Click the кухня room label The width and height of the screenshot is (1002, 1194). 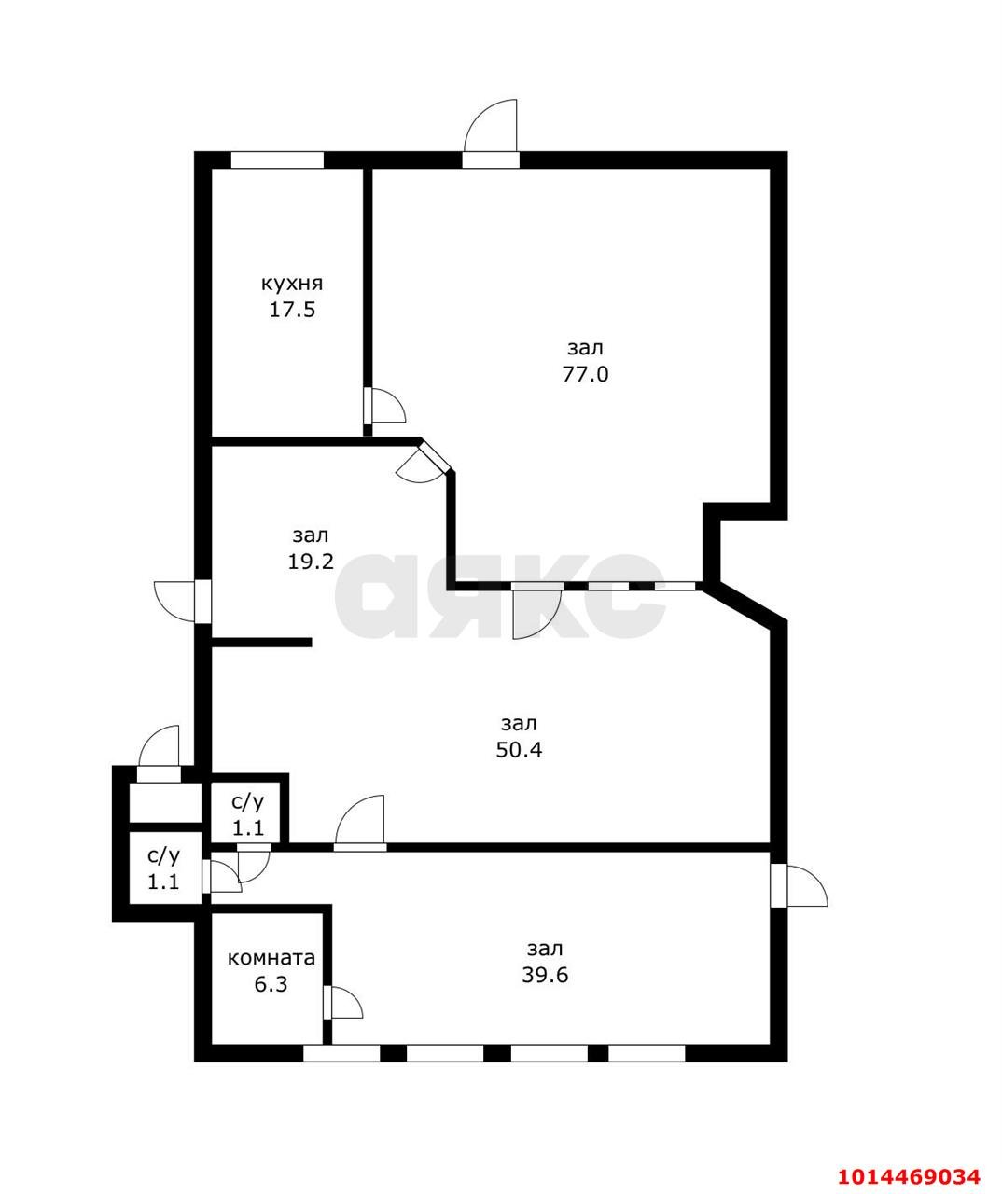292,284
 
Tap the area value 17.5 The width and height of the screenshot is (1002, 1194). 292,310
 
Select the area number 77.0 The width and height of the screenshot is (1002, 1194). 585,375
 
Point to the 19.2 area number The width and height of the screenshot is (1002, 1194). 311,562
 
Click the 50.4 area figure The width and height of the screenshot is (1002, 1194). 519,750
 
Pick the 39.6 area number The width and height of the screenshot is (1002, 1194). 545,975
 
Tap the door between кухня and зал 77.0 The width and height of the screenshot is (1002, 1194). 384,406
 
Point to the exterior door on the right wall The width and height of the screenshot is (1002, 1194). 799,886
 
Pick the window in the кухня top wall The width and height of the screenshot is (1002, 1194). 277,160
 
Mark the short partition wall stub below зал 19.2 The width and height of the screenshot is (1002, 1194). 262,643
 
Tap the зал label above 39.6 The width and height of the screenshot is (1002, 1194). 545,949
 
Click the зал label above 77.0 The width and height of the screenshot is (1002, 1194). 585,348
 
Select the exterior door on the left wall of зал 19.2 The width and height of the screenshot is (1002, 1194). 183,602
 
